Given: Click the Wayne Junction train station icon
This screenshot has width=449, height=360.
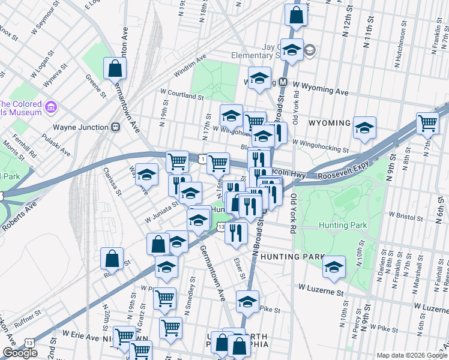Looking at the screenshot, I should click(117, 127).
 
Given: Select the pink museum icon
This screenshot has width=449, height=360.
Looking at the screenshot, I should click(52, 108).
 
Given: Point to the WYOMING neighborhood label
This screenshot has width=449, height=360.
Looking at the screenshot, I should click(329, 123).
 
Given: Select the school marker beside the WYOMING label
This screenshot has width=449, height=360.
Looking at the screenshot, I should click(364, 127).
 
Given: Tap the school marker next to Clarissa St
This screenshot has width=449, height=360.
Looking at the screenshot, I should click(146, 175).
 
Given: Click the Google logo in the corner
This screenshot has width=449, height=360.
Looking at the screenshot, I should click(20, 352).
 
